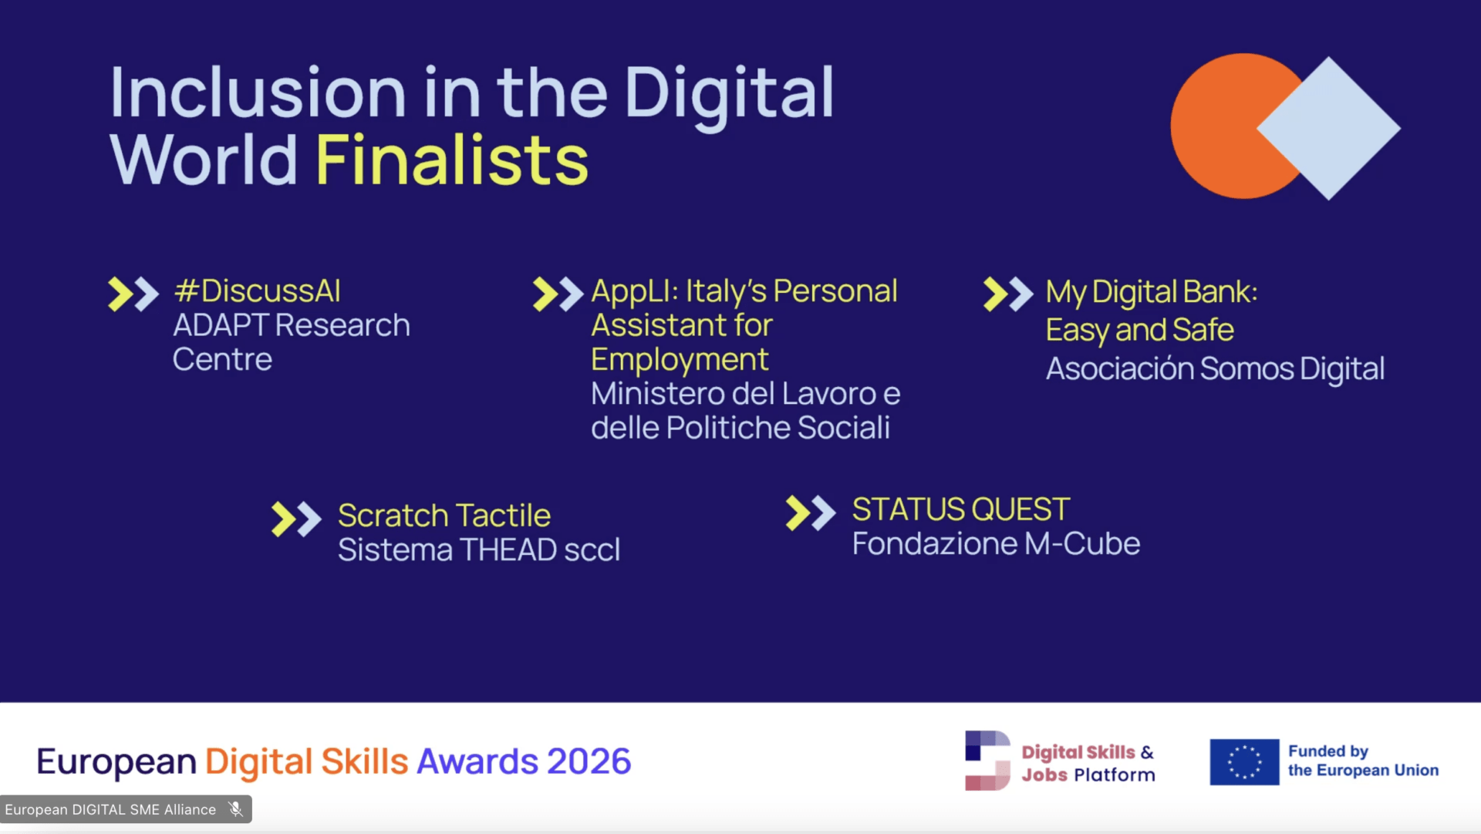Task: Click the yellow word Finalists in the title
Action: pyautogui.click(x=451, y=160)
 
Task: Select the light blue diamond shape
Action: pyautogui.click(x=1328, y=128)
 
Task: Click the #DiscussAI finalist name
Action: pyautogui.click(x=257, y=291)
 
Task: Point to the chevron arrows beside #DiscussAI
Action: pyautogui.click(x=133, y=294)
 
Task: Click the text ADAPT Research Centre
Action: pyautogui.click(x=291, y=342)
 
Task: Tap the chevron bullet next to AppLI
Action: pyautogui.click(x=558, y=294)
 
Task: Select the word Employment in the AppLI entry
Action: pyautogui.click(x=680, y=360)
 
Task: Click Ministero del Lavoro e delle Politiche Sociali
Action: pyautogui.click(x=745, y=411)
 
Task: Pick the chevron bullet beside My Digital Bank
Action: pyautogui.click(x=1008, y=294)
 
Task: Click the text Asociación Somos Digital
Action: pyautogui.click(x=1215, y=369)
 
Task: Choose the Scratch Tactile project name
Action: pyautogui.click(x=444, y=516)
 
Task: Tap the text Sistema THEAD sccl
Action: pyautogui.click(x=479, y=550)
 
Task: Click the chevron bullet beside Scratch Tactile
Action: pyautogui.click(x=296, y=520)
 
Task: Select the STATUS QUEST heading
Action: pyautogui.click(x=960, y=509)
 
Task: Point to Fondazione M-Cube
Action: pyautogui.click(x=996, y=544)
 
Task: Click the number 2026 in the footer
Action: pyautogui.click(x=589, y=762)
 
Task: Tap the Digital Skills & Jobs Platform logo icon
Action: pyautogui.click(x=987, y=761)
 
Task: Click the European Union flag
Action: pyautogui.click(x=1244, y=762)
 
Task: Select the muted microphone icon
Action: pyautogui.click(x=235, y=809)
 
